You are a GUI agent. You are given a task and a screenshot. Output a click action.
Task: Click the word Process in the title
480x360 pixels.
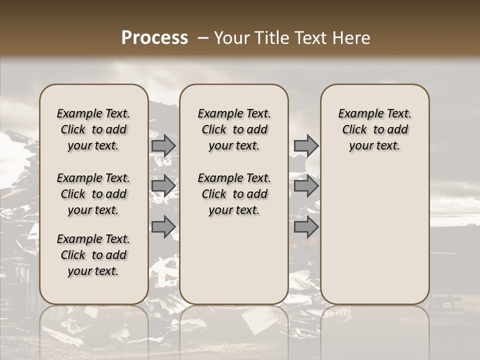coord(154,38)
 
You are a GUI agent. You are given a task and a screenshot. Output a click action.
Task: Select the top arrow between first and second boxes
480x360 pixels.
coord(163,145)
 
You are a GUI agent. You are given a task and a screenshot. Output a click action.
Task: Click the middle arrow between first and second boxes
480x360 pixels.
coord(163,186)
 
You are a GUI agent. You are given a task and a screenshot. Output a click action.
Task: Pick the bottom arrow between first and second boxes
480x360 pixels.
coord(163,227)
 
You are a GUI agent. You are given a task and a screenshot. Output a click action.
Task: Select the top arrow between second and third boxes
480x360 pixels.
coord(306,145)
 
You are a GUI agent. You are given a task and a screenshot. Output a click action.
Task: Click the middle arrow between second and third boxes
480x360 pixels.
coord(306,186)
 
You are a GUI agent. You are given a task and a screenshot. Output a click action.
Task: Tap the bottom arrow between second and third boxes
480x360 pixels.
coord(306,227)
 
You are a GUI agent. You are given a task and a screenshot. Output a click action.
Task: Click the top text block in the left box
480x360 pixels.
coord(93,129)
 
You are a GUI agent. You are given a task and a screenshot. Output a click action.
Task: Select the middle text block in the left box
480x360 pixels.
coord(93,194)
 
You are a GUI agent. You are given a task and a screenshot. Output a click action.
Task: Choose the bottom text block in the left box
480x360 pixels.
coord(93,255)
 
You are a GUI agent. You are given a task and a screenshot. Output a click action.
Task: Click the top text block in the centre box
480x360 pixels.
coord(234,129)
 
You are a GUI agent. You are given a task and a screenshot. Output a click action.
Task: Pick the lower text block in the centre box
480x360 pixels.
coord(234,194)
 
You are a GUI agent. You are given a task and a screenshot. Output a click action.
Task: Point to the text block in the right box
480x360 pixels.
coord(375,129)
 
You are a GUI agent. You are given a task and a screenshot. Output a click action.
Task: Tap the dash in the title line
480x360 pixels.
coord(203,38)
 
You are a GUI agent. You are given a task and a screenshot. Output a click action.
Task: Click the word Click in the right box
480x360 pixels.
coord(355,130)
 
